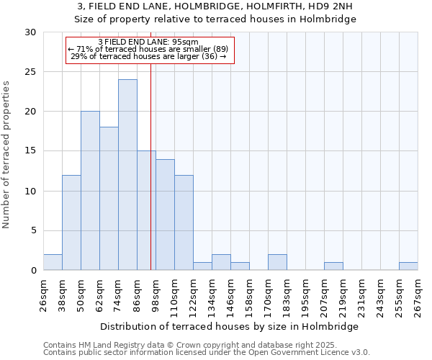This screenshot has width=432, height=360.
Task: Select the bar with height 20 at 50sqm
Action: point(90,191)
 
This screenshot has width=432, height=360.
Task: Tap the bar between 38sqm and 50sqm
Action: point(71,222)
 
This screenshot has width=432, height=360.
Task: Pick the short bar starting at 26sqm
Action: point(53,262)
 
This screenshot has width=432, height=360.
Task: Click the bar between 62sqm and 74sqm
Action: point(109,199)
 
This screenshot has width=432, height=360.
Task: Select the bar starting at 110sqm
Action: point(184,222)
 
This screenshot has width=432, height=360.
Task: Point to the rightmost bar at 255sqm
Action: point(408,266)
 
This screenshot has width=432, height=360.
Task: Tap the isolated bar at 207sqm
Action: point(333,266)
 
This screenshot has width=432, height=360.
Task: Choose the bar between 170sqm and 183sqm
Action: point(277,262)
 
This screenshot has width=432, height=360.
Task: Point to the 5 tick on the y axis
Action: point(33,230)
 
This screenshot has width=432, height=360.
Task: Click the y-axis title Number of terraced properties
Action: point(6,155)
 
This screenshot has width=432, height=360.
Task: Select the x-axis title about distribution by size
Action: point(230,326)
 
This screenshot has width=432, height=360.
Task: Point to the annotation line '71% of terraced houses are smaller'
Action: point(149,49)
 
